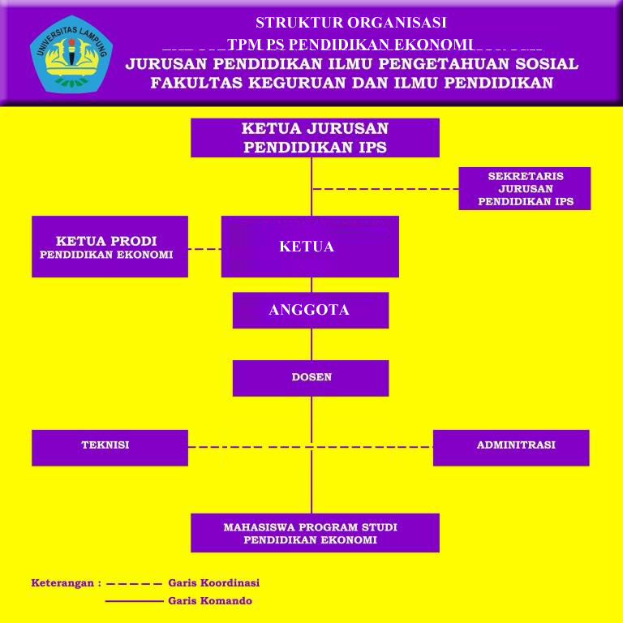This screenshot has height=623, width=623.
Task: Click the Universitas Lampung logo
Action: pyautogui.click(x=71, y=54)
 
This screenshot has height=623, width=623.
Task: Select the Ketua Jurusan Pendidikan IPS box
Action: pyautogui.click(x=315, y=138)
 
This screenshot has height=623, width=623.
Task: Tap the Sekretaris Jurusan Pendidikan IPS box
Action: pyautogui.click(x=525, y=188)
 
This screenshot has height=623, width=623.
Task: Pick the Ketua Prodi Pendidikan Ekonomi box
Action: pyautogui.click(x=110, y=247)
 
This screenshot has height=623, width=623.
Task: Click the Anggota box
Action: pyautogui.click(x=311, y=311)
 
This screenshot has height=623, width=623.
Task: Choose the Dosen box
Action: pyautogui.click(x=311, y=378)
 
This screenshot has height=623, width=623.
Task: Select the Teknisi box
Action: pyautogui.click(x=110, y=448)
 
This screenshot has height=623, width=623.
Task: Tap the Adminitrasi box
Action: pyautogui.click(x=511, y=448)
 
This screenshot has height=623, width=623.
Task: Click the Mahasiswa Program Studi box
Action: pyautogui.click(x=315, y=533)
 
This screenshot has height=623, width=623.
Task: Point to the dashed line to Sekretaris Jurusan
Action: pyautogui.click(x=386, y=189)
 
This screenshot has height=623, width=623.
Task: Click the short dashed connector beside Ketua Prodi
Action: pyautogui.click(x=204, y=249)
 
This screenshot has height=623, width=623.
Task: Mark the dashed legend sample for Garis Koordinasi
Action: pyautogui.click(x=135, y=584)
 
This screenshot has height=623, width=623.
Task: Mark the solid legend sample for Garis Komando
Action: pyautogui.click(x=135, y=601)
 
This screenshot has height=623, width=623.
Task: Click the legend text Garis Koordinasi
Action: pyautogui.click(x=214, y=583)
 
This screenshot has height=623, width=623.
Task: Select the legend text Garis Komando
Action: pyautogui.click(x=210, y=600)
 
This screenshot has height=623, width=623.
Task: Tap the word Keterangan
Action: pyautogui.click(x=62, y=583)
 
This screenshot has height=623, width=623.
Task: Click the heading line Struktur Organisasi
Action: pyautogui.click(x=350, y=23)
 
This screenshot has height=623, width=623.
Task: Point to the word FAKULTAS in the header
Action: pyautogui.click(x=196, y=83)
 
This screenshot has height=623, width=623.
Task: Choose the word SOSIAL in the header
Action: pyautogui.click(x=547, y=64)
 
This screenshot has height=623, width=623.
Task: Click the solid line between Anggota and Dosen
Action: pyautogui.click(x=311, y=345)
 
